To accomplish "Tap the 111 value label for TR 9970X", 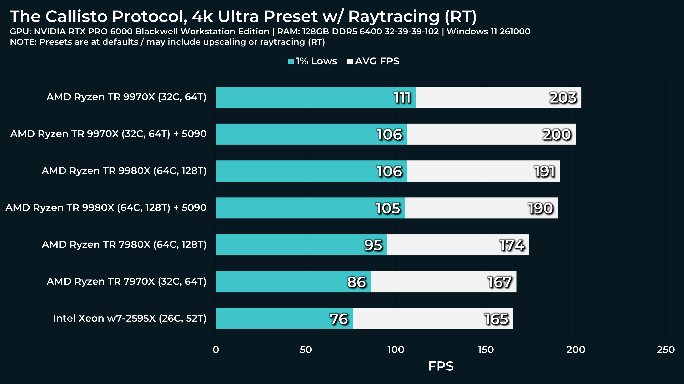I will click(402, 98).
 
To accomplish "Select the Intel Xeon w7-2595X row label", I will click(130, 318).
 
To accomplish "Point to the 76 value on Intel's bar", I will click(339, 319).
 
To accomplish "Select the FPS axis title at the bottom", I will click(441, 366).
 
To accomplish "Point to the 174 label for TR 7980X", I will click(512, 245).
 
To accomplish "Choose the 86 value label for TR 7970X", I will click(356, 282).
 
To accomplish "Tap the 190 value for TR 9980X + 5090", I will click(540, 208).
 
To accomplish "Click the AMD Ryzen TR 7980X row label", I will click(124, 244).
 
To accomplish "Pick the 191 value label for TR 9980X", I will click(544, 171).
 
